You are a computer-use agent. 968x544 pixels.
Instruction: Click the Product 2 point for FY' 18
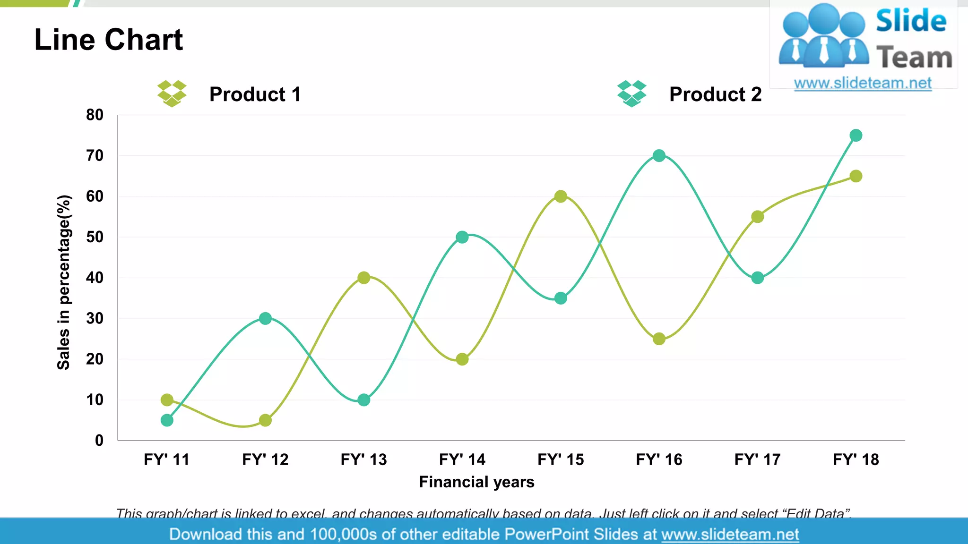pyautogui.click(x=856, y=136)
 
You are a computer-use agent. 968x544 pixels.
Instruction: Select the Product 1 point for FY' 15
pyautogui.click(x=561, y=196)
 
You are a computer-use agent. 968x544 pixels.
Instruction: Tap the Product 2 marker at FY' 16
pyautogui.click(x=659, y=156)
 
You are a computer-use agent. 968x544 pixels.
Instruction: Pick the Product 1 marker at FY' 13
pyautogui.click(x=363, y=278)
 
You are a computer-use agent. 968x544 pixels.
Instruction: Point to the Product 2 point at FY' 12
pyautogui.click(x=265, y=318)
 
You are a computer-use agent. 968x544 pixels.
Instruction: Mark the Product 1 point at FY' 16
pyautogui.click(x=659, y=339)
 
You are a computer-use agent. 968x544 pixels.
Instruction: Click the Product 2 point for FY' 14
pyautogui.click(x=462, y=237)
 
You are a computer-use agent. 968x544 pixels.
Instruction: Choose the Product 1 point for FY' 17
pyautogui.click(x=757, y=217)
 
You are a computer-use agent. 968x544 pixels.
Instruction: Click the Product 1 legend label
pyautogui.click(x=255, y=94)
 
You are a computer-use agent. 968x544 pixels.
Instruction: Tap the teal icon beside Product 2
pyautogui.click(x=631, y=93)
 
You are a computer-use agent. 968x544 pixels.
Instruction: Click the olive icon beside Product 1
pyautogui.click(x=172, y=93)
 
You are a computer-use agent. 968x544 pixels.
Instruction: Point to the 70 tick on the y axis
pyautogui.click(x=95, y=155)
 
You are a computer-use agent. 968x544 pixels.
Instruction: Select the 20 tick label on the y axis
pyautogui.click(x=95, y=359)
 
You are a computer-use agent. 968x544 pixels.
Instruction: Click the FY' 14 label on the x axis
pyautogui.click(x=462, y=459)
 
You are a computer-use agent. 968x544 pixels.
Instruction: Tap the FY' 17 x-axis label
pyautogui.click(x=757, y=459)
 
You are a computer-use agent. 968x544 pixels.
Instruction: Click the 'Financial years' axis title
pyautogui.click(x=476, y=482)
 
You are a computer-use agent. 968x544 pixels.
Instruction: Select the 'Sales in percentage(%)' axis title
pyautogui.click(x=64, y=282)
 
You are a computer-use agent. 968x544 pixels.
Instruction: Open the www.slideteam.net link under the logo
pyautogui.click(x=863, y=83)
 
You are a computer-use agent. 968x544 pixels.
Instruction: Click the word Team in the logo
pyautogui.click(x=914, y=58)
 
